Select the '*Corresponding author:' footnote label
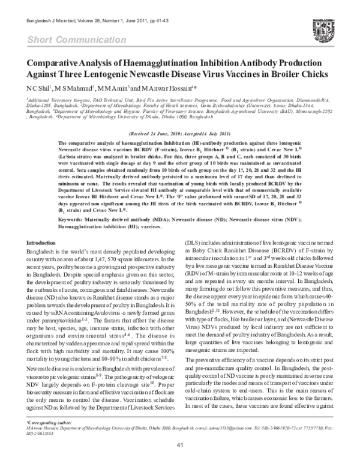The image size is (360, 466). click(x=48, y=423)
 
